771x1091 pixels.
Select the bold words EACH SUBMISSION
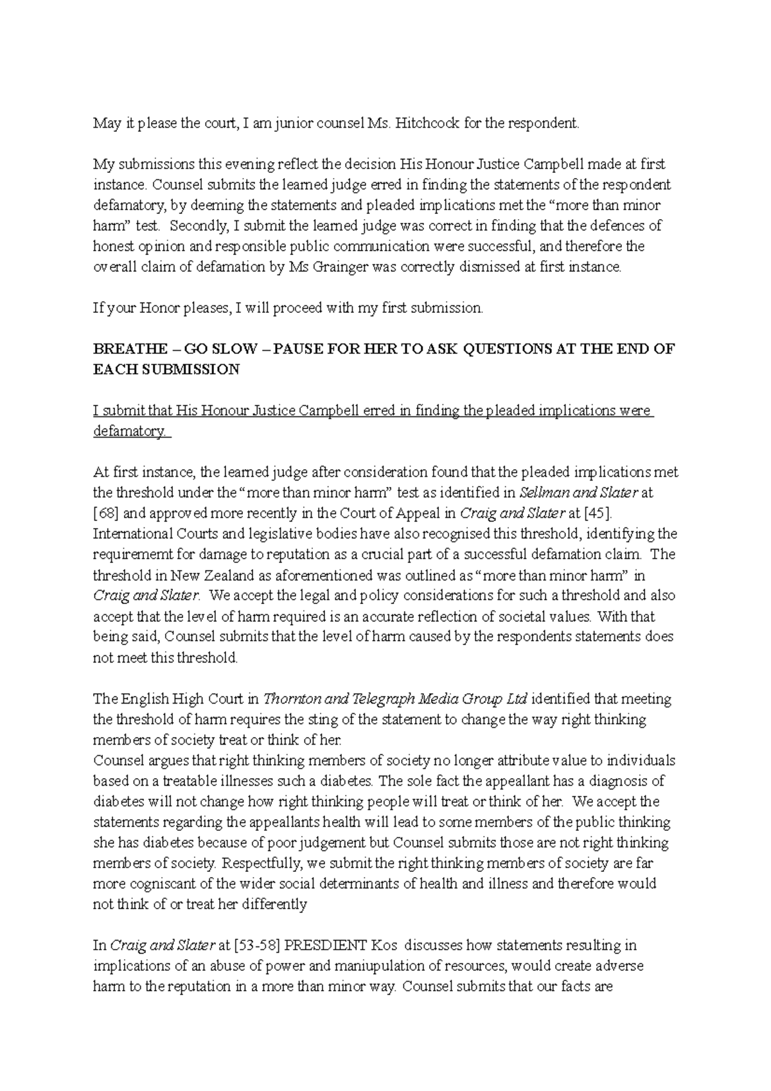tap(166, 370)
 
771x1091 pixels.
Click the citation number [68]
tap(104, 514)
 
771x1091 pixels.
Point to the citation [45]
tap(607, 514)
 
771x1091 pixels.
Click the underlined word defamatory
tap(131, 432)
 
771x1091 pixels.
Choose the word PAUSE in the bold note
tap(296, 350)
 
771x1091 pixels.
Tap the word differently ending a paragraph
tap(275, 905)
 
